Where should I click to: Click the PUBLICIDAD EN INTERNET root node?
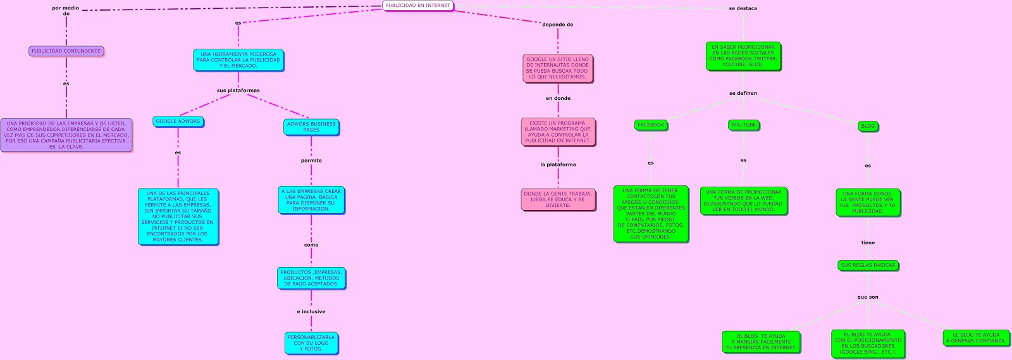click(x=418, y=6)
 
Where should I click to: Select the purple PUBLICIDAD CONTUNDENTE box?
click(x=66, y=51)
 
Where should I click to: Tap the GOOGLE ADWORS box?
click(x=178, y=121)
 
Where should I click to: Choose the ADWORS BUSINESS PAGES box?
click(x=311, y=127)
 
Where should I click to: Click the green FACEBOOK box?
click(x=651, y=125)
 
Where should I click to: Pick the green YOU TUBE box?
click(x=743, y=125)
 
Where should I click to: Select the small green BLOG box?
click(x=868, y=126)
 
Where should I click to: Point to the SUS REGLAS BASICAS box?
click(x=868, y=266)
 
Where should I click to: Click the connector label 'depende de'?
click(x=557, y=25)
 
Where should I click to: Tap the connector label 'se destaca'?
click(x=743, y=9)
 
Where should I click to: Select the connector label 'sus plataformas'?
click(x=238, y=90)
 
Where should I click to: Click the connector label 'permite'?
click(x=311, y=161)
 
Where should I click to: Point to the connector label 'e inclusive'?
click(x=311, y=312)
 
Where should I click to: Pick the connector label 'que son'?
click(x=868, y=297)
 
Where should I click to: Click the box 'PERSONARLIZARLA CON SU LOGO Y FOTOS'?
click(x=311, y=343)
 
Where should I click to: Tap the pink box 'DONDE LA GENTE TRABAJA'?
click(x=558, y=199)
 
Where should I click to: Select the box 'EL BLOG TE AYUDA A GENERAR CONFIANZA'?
click(x=976, y=338)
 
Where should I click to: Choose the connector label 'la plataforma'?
click(x=558, y=164)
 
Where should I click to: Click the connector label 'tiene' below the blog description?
click(x=868, y=243)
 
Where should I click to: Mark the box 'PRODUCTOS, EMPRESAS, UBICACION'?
click(x=311, y=278)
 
